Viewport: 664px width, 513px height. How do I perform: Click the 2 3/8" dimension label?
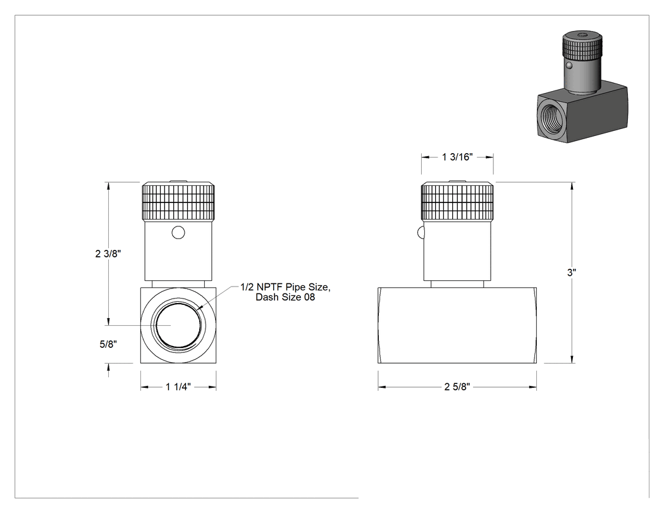point(108,254)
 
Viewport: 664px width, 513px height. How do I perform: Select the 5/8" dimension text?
point(108,344)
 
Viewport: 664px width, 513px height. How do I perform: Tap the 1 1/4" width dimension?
point(178,386)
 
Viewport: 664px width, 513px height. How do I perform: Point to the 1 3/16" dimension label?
point(457,157)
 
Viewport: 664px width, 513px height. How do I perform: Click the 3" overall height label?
point(572,273)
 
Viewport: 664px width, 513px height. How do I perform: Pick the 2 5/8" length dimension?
point(457,386)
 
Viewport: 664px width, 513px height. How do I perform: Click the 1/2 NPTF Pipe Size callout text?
point(285,287)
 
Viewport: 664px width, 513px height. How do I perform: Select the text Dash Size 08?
point(285,297)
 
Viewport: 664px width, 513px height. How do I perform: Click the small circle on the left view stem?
point(178,233)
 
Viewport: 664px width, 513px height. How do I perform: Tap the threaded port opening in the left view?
point(178,325)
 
